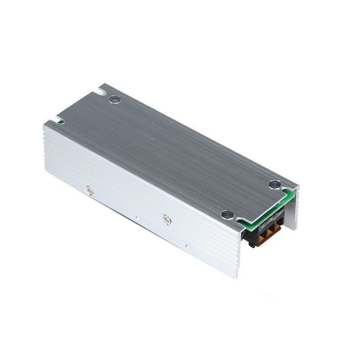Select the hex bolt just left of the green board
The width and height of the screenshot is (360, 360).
[227, 214]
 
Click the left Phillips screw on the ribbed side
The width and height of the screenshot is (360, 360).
[90, 191]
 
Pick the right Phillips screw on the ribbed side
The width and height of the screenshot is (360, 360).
[167, 220]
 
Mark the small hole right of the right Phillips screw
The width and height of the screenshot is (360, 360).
[186, 246]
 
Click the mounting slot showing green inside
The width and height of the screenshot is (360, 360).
[59, 121]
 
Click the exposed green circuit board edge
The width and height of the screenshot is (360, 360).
[265, 211]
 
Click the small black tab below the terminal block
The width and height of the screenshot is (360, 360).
[252, 244]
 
